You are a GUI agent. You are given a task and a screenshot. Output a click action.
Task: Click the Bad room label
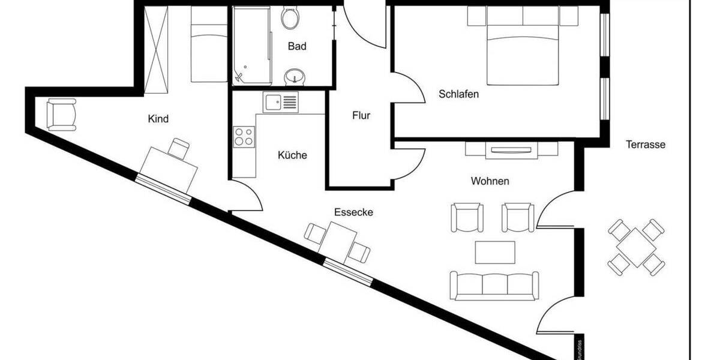[x=297, y=46]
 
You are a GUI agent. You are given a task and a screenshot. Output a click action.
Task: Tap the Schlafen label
[x=458, y=94]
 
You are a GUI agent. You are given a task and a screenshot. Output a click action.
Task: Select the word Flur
[x=361, y=116]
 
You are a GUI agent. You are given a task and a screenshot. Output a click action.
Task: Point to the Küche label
[x=292, y=155]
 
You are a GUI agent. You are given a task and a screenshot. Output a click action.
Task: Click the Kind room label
[x=158, y=119]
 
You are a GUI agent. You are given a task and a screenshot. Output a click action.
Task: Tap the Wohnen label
[x=490, y=181]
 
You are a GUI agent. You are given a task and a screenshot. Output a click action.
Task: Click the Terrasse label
[x=646, y=145]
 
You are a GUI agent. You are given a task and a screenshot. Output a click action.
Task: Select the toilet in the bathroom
[x=290, y=17]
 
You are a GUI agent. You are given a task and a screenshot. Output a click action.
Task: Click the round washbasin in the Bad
[x=294, y=76]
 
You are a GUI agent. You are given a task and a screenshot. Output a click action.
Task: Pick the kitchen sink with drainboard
[x=280, y=103]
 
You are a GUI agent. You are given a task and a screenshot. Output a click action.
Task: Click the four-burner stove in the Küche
[x=243, y=137]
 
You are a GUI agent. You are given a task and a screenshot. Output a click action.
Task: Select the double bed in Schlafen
[x=523, y=51]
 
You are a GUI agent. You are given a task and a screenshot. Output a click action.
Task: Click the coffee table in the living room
[x=495, y=252]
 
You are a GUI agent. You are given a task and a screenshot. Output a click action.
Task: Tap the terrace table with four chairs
[x=637, y=246]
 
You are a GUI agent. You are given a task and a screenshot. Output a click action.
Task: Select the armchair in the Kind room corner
[x=61, y=114]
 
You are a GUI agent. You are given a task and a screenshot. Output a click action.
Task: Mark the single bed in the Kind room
[x=209, y=45]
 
